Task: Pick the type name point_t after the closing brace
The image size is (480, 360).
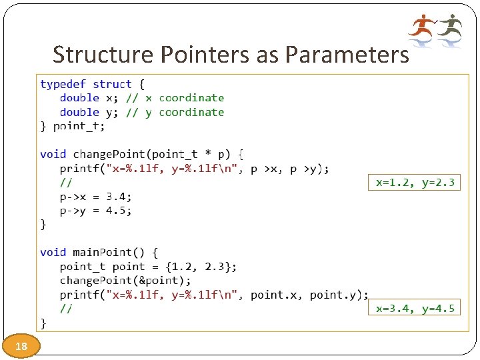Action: click(78, 125)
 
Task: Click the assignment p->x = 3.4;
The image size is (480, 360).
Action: click(95, 197)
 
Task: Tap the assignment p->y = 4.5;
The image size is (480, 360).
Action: click(95, 211)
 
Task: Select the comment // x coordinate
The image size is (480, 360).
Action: click(185, 98)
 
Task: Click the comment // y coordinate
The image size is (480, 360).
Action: click(185, 112)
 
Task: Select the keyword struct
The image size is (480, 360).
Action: click(112, 84)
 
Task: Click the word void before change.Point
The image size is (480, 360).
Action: click(53, 154)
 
